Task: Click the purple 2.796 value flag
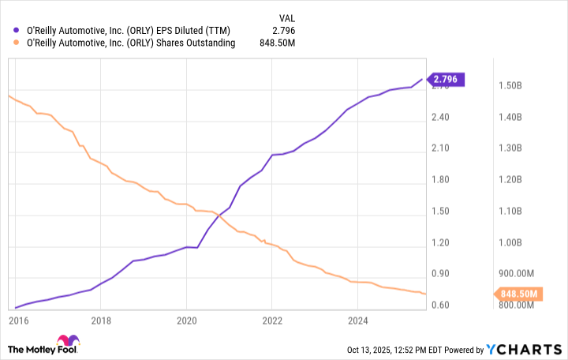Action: [448, 79]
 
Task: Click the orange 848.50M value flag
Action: [518, 294]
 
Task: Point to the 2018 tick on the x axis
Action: [100, 321]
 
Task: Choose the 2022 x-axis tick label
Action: [271, 321]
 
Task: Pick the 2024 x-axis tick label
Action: [357, 321]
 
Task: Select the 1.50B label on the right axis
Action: [510, 85]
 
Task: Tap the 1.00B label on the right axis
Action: [510, 242]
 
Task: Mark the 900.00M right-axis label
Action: [516, 274]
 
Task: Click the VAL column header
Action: [288, 16]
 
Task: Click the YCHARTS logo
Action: [525, 349]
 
